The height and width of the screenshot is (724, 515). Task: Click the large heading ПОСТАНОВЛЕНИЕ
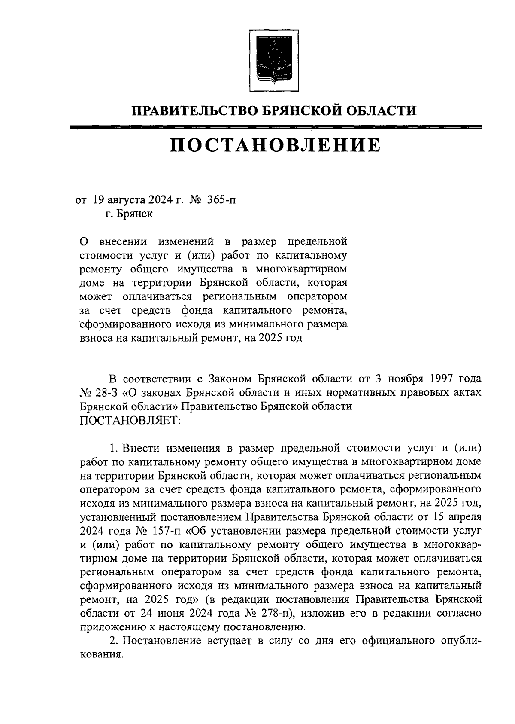click(x=275, y=145)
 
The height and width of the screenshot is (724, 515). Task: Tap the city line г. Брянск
click(x=129, y=214)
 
